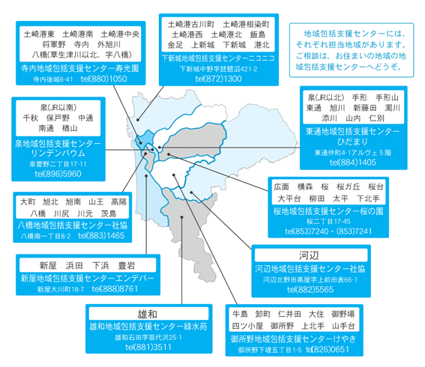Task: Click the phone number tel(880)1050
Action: (103, 79)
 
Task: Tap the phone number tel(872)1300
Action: (218, 79)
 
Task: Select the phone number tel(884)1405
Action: (353, 163)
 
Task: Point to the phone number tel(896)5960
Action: (58, 174)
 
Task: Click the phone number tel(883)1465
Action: (101, 236)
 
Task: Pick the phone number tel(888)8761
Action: (115, 289)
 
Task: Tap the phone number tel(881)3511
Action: (148, 348)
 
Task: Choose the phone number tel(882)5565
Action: (310, 290)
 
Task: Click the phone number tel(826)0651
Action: (328, 349)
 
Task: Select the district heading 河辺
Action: (309, 255)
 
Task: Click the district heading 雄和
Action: (148, 314)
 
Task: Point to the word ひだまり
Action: (352, 142)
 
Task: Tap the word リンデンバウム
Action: (58, 154)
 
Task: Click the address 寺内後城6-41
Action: (53, 79)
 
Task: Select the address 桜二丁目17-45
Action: (328, 222)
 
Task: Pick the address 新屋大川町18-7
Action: (61, 290)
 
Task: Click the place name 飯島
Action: (258, 34)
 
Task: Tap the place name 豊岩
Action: (127, 266)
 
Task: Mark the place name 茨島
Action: (109, 214)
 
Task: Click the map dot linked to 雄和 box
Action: (182, 217)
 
